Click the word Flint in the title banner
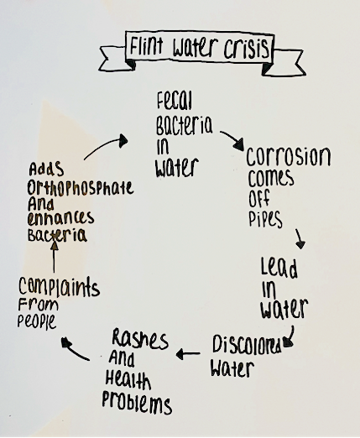146,46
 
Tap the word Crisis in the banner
247,49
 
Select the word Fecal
175,101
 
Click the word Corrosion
289,156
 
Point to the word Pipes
265,219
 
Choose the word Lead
279,268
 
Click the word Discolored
247,344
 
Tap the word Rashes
140,339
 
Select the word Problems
137,403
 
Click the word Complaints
59,287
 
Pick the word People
37,321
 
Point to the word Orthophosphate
81,188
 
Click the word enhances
60,218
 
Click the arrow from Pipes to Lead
300,238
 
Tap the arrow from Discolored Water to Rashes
188,354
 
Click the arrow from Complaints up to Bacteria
55,257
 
